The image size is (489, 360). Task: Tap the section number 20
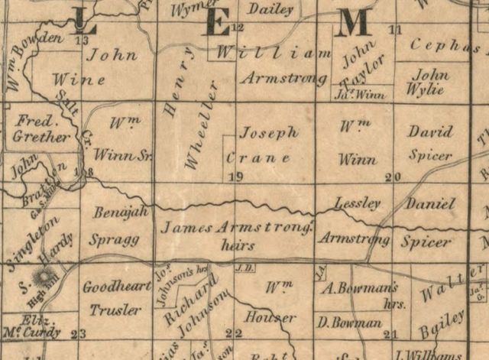[x=393, y=177]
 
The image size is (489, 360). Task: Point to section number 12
[x=237, y=28]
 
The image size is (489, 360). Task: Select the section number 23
[x=77, y=333]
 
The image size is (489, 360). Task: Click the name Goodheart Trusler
[x=112, y=299]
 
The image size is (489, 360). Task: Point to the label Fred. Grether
[x=42, y=129]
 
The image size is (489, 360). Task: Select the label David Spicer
[x=430, y=144]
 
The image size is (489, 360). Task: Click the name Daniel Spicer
[x=429, y=222]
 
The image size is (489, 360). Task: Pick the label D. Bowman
[x=351, y=323]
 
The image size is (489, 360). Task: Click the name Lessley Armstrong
[x=355, y=221]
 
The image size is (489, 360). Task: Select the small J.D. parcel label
[x=244, y=268]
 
